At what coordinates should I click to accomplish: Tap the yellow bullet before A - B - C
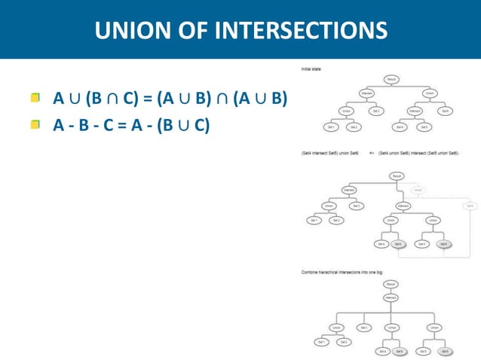coord(35,124)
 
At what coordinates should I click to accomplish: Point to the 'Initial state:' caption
coord(311,69)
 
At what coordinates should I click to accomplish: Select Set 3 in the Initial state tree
coord(375,111)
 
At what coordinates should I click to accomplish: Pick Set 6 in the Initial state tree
coord(446,111)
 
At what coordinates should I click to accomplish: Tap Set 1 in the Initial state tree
coord(330,127)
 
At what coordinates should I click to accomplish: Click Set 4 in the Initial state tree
coord(402,127)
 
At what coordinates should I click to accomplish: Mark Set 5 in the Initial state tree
coord(426,127)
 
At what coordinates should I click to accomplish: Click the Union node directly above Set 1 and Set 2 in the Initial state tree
coord(345,111)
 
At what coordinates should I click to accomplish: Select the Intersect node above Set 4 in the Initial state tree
coord(414,111)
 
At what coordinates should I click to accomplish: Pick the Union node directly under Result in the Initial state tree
coord(429,94)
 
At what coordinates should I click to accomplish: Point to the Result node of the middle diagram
coord(395,175)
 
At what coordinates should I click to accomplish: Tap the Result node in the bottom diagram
coord(391,284)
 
